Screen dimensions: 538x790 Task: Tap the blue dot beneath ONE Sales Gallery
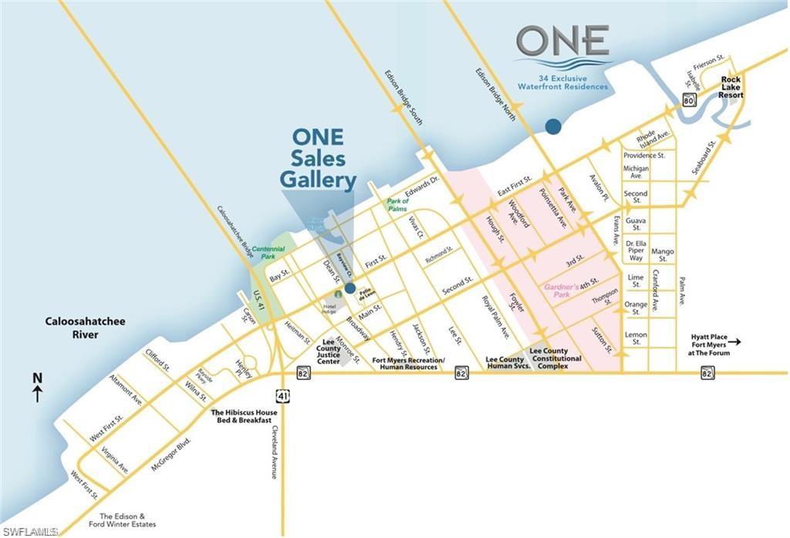349,288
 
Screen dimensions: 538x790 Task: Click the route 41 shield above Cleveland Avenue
285,395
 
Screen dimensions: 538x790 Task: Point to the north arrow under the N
37,395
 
